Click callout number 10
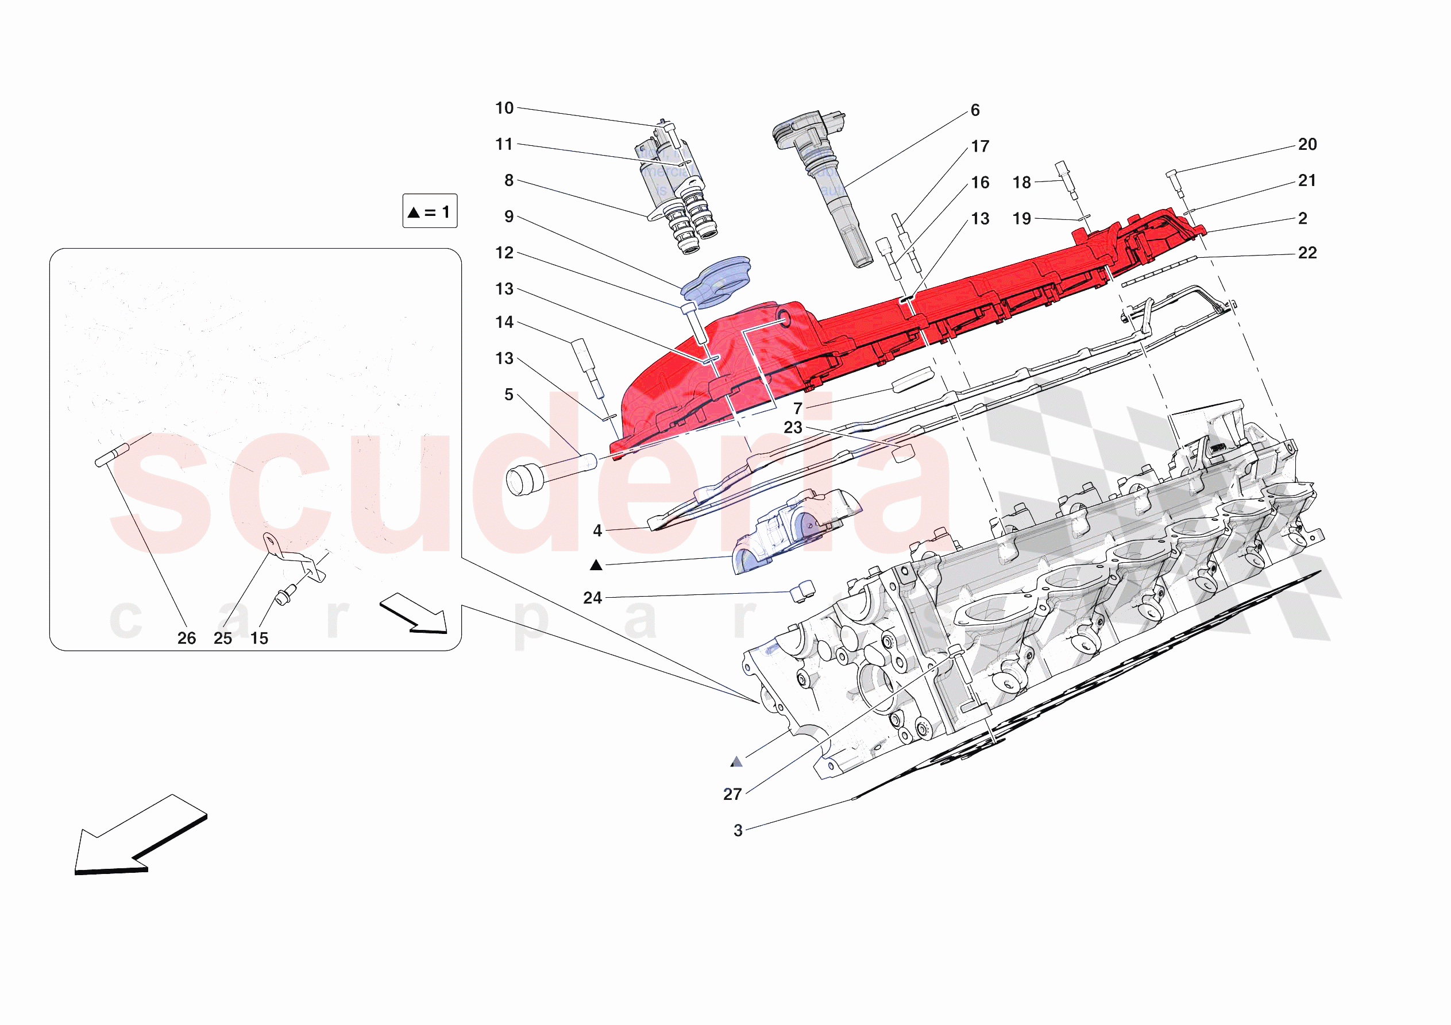504,108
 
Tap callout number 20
1307,145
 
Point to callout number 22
1307,253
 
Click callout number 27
732,794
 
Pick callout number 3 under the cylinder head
738,830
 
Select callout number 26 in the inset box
187,638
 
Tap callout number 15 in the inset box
259,638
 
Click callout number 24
592,598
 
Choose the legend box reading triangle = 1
430,211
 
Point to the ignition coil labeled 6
821,183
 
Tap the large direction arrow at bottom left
136,837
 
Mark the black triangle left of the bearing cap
596,565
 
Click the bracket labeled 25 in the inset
294,559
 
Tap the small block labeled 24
802,590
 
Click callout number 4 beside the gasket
597,531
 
